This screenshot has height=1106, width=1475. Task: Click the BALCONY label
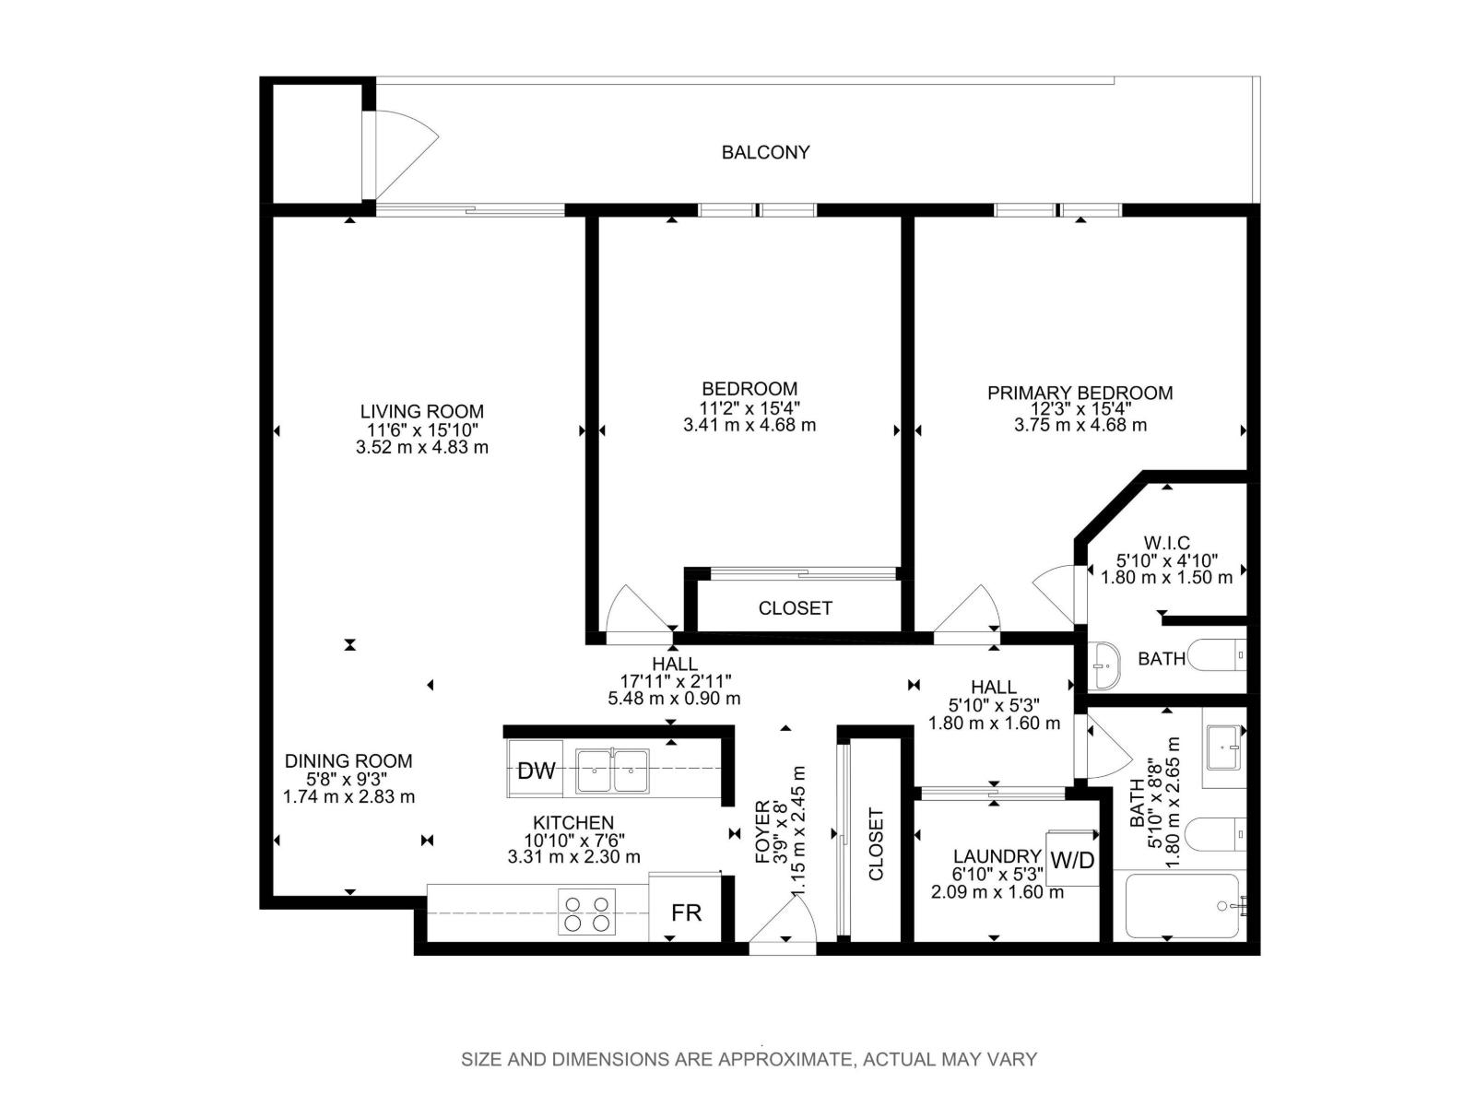tap(765, 152)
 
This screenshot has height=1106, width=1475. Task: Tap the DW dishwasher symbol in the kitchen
tap(536, 771)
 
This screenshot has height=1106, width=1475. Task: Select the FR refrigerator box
tap(686, 912)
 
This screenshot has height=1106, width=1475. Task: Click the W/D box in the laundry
tap(1073, 860)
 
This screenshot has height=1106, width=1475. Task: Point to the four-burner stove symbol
tap(586, 912)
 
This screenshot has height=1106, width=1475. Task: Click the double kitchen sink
tap(612, 771)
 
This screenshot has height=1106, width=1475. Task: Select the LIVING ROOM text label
tap(421, 411)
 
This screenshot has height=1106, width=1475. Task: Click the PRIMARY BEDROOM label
tap(1080, 393)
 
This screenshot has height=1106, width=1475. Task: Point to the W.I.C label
tap(1166, 543)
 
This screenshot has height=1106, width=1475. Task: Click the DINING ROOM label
tap(348, 760)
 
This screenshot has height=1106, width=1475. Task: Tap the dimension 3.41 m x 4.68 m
tap(749, 425)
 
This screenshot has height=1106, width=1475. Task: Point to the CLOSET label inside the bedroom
tap(795, 608)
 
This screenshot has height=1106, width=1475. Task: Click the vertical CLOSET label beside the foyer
tap(876, 843)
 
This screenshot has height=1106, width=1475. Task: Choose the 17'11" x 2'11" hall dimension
tap(675, 681)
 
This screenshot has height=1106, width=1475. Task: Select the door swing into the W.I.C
tap(1056, 590)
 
